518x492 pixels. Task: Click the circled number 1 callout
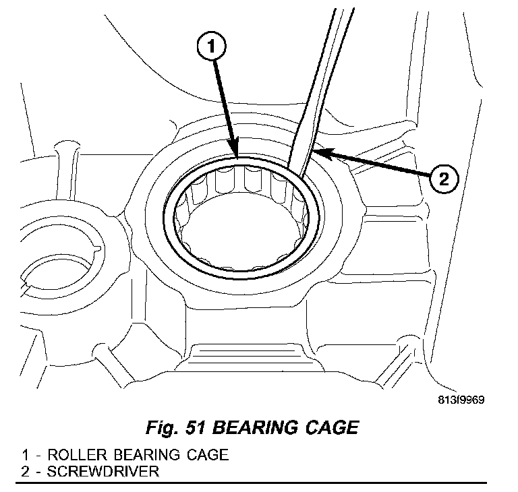point(211,47)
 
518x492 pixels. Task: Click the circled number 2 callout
point(443,179)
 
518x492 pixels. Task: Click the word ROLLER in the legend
point(69,454)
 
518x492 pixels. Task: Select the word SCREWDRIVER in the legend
point(104,470)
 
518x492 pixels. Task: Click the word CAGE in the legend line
point(205,454)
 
